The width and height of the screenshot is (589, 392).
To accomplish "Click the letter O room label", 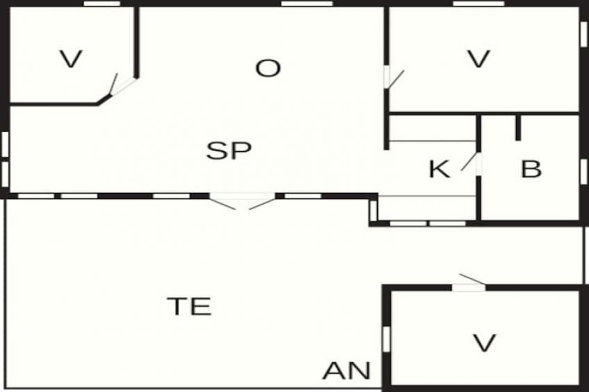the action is click(268, 68).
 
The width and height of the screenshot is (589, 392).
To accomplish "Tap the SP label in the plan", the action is click(229, 151).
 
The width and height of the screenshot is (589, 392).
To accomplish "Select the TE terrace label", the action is click(190, 306).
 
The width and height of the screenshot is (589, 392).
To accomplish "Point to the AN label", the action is click(347, 370).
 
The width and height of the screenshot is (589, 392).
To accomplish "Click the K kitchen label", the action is click(439, 169).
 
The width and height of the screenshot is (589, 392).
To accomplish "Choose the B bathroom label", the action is click(531, 169).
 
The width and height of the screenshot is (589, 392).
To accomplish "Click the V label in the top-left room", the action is click(71, 59).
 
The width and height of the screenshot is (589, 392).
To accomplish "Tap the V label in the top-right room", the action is click(479, 59).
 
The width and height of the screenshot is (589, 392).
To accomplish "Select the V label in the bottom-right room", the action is click(484, 343).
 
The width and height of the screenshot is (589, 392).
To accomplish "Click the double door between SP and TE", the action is click(242, 201).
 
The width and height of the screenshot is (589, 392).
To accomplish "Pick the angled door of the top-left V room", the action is click(119, 85).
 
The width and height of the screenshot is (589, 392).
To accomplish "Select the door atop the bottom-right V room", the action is click(469, 283).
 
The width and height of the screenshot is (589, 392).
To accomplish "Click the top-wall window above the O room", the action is click(307, 3).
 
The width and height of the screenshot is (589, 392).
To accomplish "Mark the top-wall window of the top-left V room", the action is click(102, 3).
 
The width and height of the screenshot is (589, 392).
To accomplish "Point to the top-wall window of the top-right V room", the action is click(479, 3).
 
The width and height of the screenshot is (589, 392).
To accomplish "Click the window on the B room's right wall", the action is click(583, 172).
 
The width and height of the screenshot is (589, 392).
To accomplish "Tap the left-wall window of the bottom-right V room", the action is click(386, 339).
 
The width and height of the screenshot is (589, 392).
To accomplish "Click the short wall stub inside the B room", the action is click(518, 128).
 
